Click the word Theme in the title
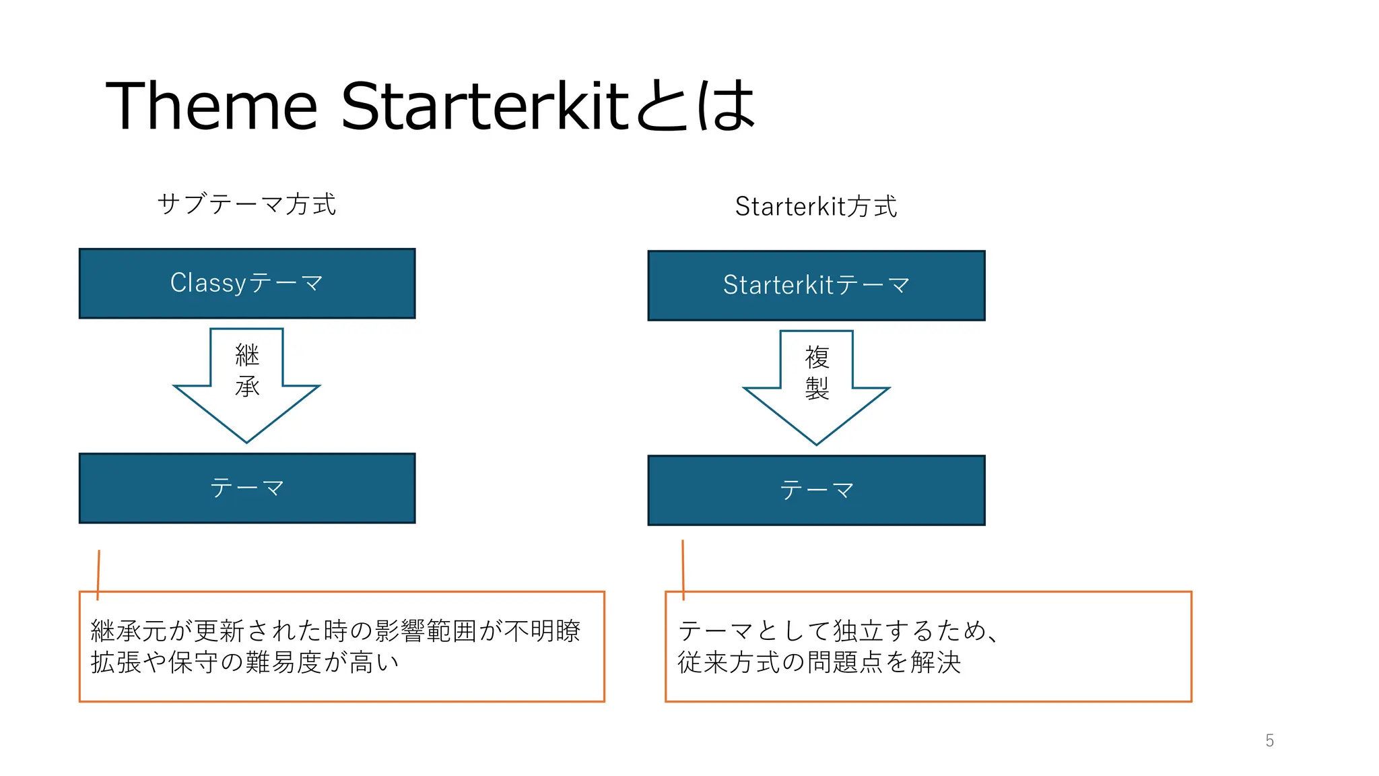(x=211, y=106)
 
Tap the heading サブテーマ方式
(x=246, y=204)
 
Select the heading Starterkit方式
(x=815, y=206)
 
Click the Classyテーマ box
(x=247, y=283)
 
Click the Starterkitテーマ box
(x=816, y=286)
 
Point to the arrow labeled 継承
(x=246, y=404)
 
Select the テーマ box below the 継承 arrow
(x=247, y=488)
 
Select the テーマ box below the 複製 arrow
(x=816, y=490)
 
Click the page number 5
(x=1269, y=740)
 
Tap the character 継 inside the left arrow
(x=247, y=355)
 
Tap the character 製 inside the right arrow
(x=817, y=388)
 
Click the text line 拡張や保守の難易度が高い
(x=245, y=662)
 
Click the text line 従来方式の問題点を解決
(x=819, y=662)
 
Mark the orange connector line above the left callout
(x=98, y=573)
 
